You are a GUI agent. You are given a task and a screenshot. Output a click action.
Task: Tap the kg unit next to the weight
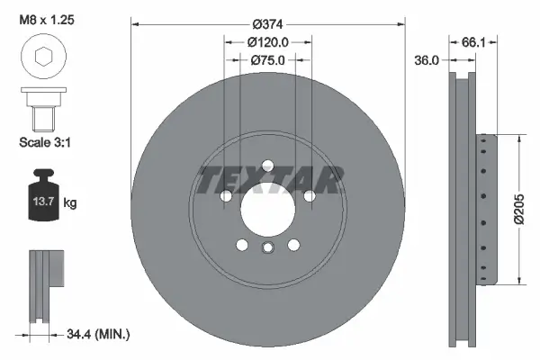tap(70, 204)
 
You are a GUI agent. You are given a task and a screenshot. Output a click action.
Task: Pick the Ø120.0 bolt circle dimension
tap(267, 41)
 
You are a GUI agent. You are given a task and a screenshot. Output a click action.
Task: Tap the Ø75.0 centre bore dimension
tap(267, 60)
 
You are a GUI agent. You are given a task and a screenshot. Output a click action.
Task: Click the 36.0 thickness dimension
tap(427, 60)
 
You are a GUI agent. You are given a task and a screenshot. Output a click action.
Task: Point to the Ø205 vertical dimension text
tap(519, 210)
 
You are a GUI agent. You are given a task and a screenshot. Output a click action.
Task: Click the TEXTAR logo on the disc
tap(269, 181)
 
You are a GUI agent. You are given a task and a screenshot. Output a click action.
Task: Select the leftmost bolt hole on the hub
tap(225, 195)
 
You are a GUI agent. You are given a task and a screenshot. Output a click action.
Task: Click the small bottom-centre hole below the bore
tap(267, 248)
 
